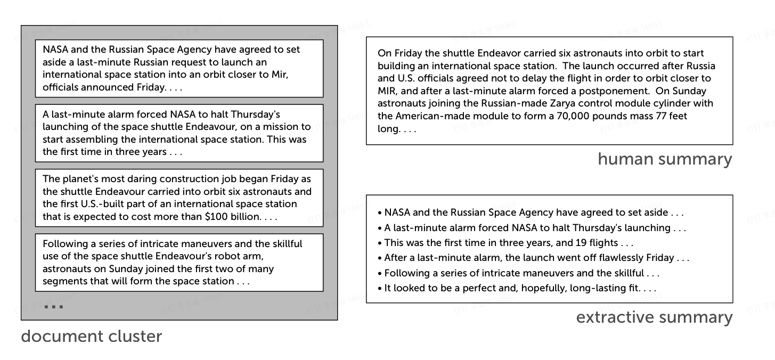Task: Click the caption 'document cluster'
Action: [91, 337]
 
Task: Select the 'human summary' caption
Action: [665, 159]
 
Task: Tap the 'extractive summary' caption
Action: [654, 317]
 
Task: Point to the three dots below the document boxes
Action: [54, 307]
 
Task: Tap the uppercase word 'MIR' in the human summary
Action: [387, 91]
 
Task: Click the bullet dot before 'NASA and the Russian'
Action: [379, 213]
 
